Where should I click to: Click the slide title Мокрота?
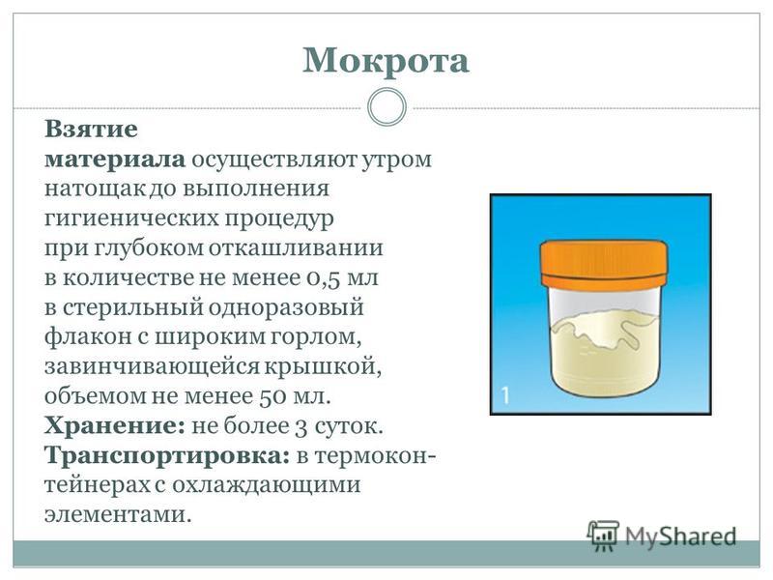coord(386,61)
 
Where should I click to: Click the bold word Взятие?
coord(91,130)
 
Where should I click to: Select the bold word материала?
coord(115,159)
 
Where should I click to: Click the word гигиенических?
coord(131,218)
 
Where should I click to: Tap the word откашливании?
coord(296,247)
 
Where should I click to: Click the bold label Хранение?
coord(115,426)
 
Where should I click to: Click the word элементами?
coord(117,515)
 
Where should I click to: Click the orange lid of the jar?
coord(603,263)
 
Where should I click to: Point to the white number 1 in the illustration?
coord(505,395)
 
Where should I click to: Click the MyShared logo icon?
coord(602,536)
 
